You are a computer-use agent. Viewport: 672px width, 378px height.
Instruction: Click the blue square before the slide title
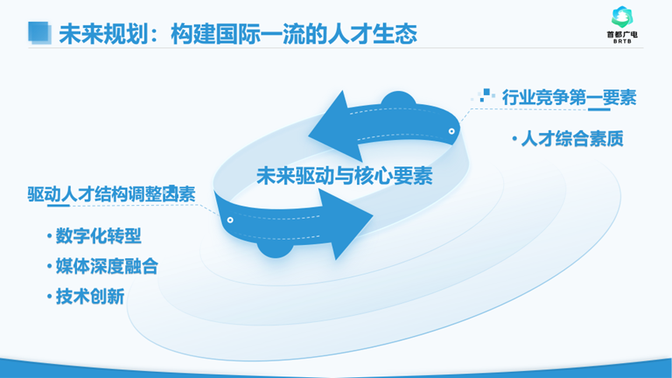[x=40, y=33]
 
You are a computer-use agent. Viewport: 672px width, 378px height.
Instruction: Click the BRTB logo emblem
[x=622, y=17]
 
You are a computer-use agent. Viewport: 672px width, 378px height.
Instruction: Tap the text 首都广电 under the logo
[x=622, y=34]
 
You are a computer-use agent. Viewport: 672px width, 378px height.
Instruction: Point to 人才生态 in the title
[x=372, y=34]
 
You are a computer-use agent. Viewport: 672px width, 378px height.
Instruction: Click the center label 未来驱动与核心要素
[x=345, y=176]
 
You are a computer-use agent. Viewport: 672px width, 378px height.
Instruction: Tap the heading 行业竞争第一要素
[x=569, y=98]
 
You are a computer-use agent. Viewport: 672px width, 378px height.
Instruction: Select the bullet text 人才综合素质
[x=572, y=139]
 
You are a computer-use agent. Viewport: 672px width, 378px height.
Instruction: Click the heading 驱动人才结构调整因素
[x=111, y=194]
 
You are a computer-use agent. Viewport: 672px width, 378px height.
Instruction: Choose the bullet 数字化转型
[x=98, y=236]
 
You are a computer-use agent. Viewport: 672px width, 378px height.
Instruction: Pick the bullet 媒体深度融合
[x=107, y=266]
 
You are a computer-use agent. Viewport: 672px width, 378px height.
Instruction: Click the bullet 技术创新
[x=90, y=296]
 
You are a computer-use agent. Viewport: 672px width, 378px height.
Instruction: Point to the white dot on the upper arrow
[x=451, y=131]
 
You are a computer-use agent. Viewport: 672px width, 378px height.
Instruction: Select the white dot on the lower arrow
[x=230, y=220]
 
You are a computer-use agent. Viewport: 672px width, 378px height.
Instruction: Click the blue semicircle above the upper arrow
[x=398, y=99]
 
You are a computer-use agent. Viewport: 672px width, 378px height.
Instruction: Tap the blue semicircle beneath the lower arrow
[x=275, y=250]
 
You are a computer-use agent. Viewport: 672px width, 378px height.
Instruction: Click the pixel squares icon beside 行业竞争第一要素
[x=484, y=95]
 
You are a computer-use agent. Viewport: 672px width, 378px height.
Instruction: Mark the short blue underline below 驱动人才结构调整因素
[x=58, y=205]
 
